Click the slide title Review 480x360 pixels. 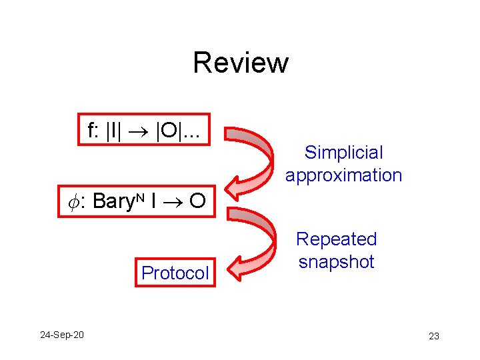(x=240, y=63)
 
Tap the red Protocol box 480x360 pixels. (x=175, y=273)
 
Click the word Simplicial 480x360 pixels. (x=344, y=153)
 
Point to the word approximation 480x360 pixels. (x=344, y=175)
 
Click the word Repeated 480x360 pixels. (x=337, y=239)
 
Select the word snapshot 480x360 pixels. (x=337, y=261)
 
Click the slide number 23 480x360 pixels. (x=434, y=336)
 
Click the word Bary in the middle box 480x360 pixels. (x=112, y=201)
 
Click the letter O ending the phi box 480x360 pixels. (x=197, y=201)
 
